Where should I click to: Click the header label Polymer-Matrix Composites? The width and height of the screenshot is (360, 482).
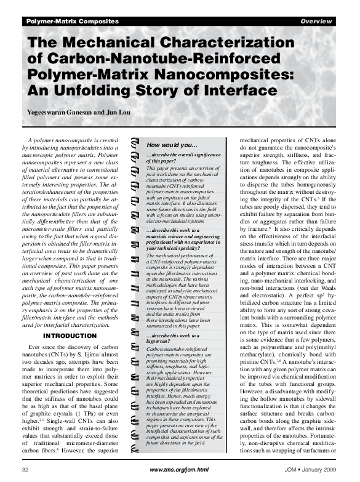(x=72, y=22)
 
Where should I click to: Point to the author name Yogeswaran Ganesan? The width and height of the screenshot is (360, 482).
(x=61, y=113)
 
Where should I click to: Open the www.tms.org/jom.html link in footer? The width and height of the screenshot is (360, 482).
(x=180, y=469)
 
